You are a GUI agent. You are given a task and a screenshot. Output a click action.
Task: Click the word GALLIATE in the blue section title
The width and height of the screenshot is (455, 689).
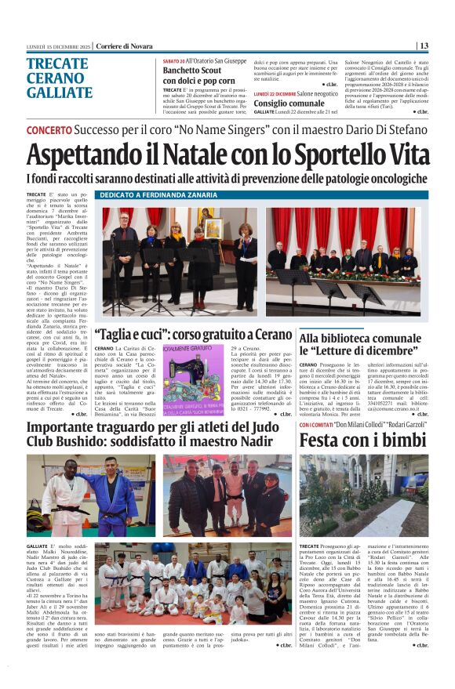coord(60,93)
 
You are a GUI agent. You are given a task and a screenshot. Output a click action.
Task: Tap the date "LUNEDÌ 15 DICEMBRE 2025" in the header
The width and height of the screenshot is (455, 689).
coord(60,45)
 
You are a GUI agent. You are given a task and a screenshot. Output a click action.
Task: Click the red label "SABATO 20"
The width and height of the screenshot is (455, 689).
coord(174,60)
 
